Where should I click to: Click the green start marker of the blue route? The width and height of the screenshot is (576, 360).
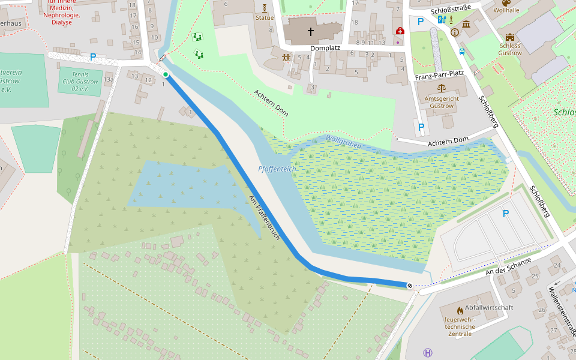pyautogui.click(x=166, y=74)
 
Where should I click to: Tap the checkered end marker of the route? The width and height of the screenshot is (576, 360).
pyautogui.click(x=409, y=286)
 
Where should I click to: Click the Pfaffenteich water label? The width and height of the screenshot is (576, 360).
pyautogui.click(x=277, y=169)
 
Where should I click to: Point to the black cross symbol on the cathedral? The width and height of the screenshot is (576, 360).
pyautogui.click(x=311, y=31)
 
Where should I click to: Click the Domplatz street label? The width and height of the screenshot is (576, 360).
pyautogui.click(x=325, y=48)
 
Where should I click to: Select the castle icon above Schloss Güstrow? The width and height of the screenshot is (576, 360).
pyautogui.click(x=510, y=37)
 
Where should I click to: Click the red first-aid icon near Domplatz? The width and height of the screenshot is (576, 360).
pyautogui.click(x=399, y=31)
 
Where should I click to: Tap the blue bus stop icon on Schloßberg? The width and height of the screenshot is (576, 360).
pyautogui.click(x=462, y=52)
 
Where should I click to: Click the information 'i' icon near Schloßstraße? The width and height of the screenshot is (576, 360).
pyautogui.click(x=455, y=32)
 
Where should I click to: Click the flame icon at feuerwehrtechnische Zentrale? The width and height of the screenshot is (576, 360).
pyautogui.click(x=460, y=311)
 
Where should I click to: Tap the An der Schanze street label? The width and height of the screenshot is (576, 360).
pyautogui.click(x=508, y=266)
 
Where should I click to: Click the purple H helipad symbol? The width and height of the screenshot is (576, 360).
pyautogui.click(x=427, y=353)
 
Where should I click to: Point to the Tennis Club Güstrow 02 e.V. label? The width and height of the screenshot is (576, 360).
pyautogui.click(x=79, y=80)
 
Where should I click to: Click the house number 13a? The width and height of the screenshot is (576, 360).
pyautogui.click(x=108, y=79)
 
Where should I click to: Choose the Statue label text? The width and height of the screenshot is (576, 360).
pyautogui.click(x=264, y=18)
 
